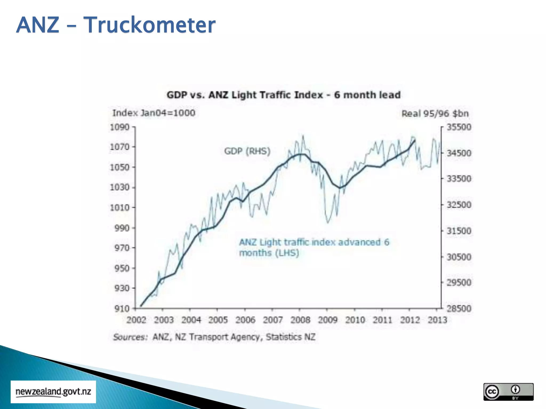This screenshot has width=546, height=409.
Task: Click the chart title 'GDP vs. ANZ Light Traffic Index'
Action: click(x=283, y=95)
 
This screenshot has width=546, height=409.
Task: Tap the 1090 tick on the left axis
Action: click(x=120, y=127)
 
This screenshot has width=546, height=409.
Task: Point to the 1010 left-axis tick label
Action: click(x=120, y=207)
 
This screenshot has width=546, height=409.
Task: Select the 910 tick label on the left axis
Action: click(x=122, y=309)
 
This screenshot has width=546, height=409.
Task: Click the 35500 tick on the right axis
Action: click(x=459, y=127)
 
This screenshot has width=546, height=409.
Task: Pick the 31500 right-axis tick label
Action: click(x=459, y=231)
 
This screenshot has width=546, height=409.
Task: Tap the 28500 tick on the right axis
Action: click(x=459, y=309)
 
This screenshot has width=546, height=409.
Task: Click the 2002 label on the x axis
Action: click(x=136, y=320)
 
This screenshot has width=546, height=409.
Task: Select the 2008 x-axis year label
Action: click(x=300, y=320)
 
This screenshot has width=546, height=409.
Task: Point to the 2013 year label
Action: click(x=437, y=320)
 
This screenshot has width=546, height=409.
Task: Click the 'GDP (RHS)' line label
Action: click(x=247, y=151)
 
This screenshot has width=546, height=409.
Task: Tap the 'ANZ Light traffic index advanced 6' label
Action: click(x=314, y=242)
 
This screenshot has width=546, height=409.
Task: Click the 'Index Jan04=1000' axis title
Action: click(x=154, y=113)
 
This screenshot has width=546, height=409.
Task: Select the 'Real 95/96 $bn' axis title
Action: click(x=435, y=114)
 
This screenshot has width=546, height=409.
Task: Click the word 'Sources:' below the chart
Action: click(x=130, y=337)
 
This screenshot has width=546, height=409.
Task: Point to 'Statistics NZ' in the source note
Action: click(x=291, y=337)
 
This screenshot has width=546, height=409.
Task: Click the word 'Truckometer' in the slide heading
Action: click(x=149, y=25)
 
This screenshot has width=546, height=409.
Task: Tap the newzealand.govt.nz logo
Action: click(x=53, y=392)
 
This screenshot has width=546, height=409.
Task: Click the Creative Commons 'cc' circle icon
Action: click(x=492, y=391)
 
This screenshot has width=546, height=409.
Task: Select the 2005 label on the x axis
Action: click(x=218, y=320)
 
